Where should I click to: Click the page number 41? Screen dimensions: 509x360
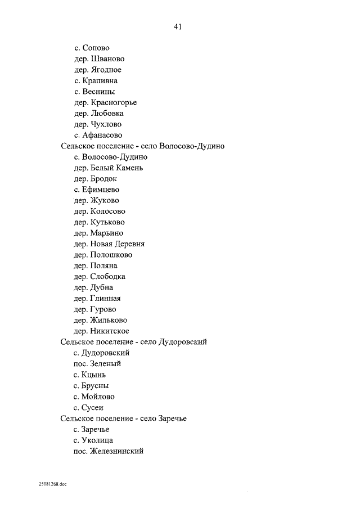click(x=179, y=26)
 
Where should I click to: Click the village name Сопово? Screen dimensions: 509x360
click(x=96, y=48)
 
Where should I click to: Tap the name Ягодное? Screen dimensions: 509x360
click(x=106, y=70)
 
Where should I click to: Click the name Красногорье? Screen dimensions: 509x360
click(x=114, y=102)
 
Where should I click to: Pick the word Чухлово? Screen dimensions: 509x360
click(x=106, y=124)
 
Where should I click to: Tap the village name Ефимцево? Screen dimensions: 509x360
click(x=100, y=190)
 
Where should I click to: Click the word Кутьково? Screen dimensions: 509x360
click(x=107, y=222)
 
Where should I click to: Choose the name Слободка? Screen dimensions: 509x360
click(x=107, y=277)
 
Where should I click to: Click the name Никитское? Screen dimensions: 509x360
click(x=109, y=331)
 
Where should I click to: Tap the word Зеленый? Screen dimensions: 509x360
click(x=106, y=364)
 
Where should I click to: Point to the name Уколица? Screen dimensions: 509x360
click(x=97, y=440)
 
